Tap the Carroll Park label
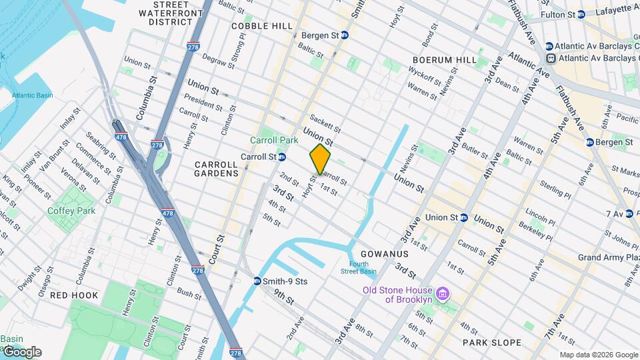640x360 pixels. point(273,141)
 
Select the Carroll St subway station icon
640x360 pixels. point(282,157)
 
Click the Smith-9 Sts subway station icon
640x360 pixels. point(257,281)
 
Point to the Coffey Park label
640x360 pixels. point(71,211)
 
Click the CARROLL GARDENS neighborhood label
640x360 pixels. point(217,169)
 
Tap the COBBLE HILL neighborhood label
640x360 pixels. point(262,26)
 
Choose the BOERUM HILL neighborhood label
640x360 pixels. point(445,60)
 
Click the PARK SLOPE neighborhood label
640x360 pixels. point(492,343)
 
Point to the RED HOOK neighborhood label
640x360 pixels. point(74,295)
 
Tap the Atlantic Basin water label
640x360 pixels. point(32,95)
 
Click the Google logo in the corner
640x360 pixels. point(21,351)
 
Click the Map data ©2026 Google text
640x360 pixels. point(598,355)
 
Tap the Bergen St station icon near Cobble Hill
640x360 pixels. point(345,35)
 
